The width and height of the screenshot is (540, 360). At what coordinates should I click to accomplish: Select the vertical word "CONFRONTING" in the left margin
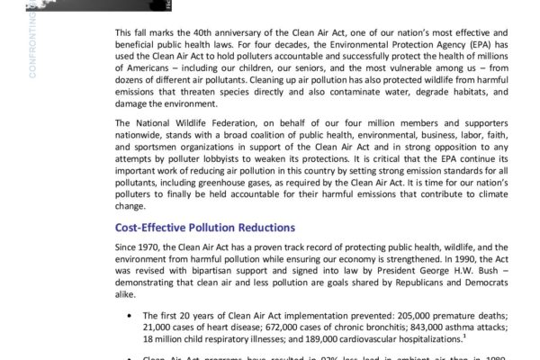coord(32,41)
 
